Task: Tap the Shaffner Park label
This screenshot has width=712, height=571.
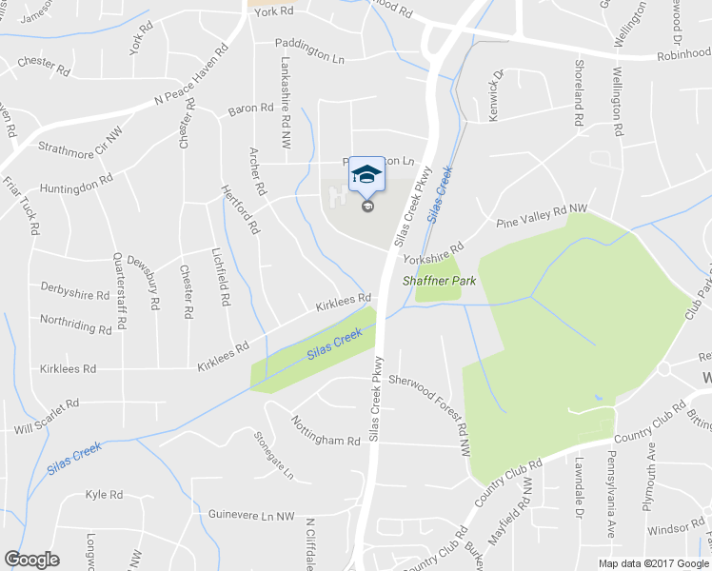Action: pos(439,281)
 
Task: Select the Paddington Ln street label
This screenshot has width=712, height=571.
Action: pos(309,44)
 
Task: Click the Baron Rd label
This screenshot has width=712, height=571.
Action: pos(250,109)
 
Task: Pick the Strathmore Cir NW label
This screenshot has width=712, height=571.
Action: pos(81,143)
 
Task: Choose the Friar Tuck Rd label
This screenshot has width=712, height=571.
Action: pos(20,205)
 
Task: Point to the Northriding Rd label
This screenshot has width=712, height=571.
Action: pos(76,326)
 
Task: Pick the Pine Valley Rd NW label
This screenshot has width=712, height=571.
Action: pos(543,215)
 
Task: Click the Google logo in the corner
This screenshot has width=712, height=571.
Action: pos(31,560)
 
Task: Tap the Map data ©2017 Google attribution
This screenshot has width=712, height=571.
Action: pos(653,562)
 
